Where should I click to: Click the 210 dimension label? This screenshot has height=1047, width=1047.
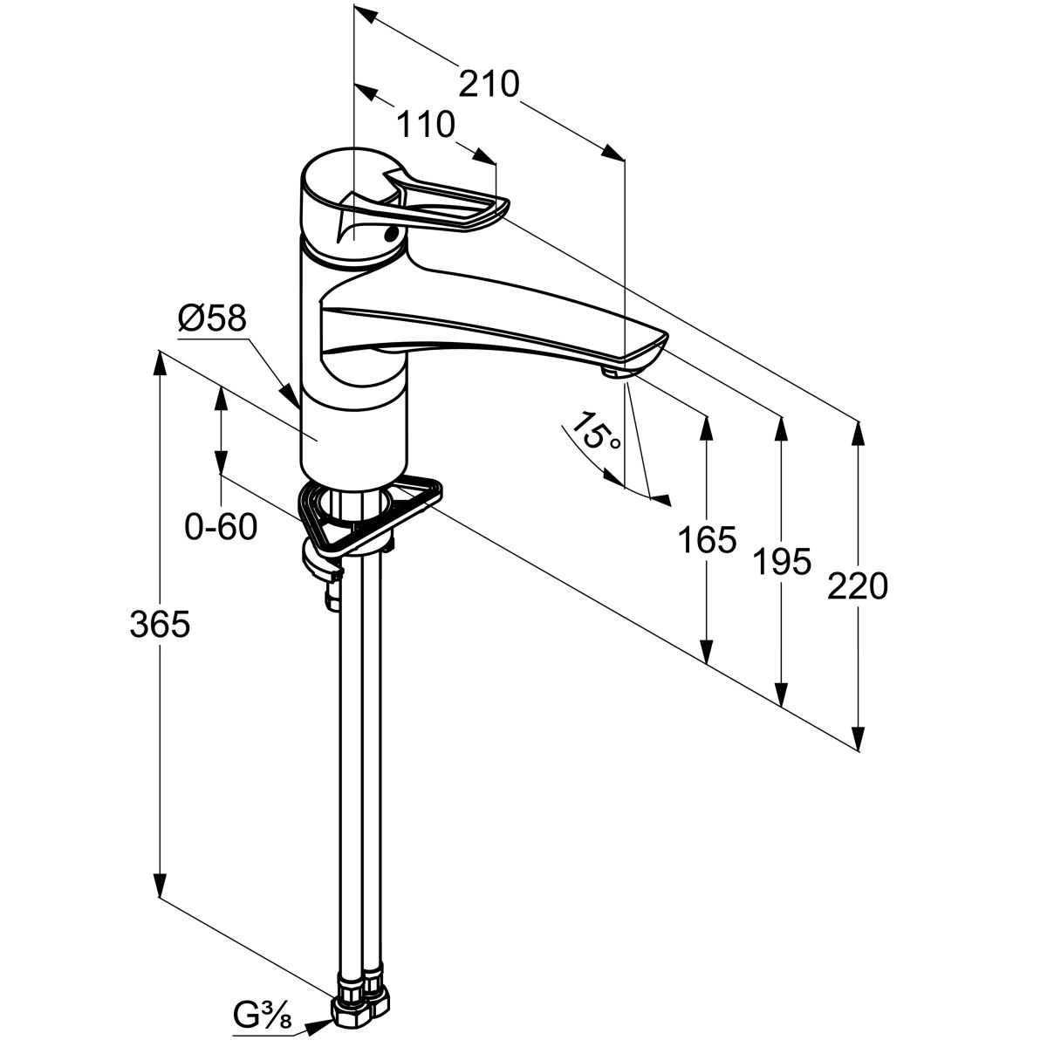tap(489, 84)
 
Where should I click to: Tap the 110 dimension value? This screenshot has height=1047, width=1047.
tap(426, 126)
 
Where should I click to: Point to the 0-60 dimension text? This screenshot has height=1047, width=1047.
tap(221, 526)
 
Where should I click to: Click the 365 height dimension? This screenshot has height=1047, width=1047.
tap(160, 625)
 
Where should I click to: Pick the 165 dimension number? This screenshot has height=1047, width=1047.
tap(707, 540)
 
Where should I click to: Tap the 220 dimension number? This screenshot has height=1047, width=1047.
tap(858, 586)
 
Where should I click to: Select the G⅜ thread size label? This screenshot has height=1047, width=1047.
tap(263, 1015)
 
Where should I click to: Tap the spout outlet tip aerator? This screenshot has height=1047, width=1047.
tap(613, 372)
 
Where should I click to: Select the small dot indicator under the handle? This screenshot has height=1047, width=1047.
tap(392, 233)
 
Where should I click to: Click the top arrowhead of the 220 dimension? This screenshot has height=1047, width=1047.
tap(860, 432)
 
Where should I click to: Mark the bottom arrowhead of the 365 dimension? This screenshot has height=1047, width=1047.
tap(160, 886)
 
